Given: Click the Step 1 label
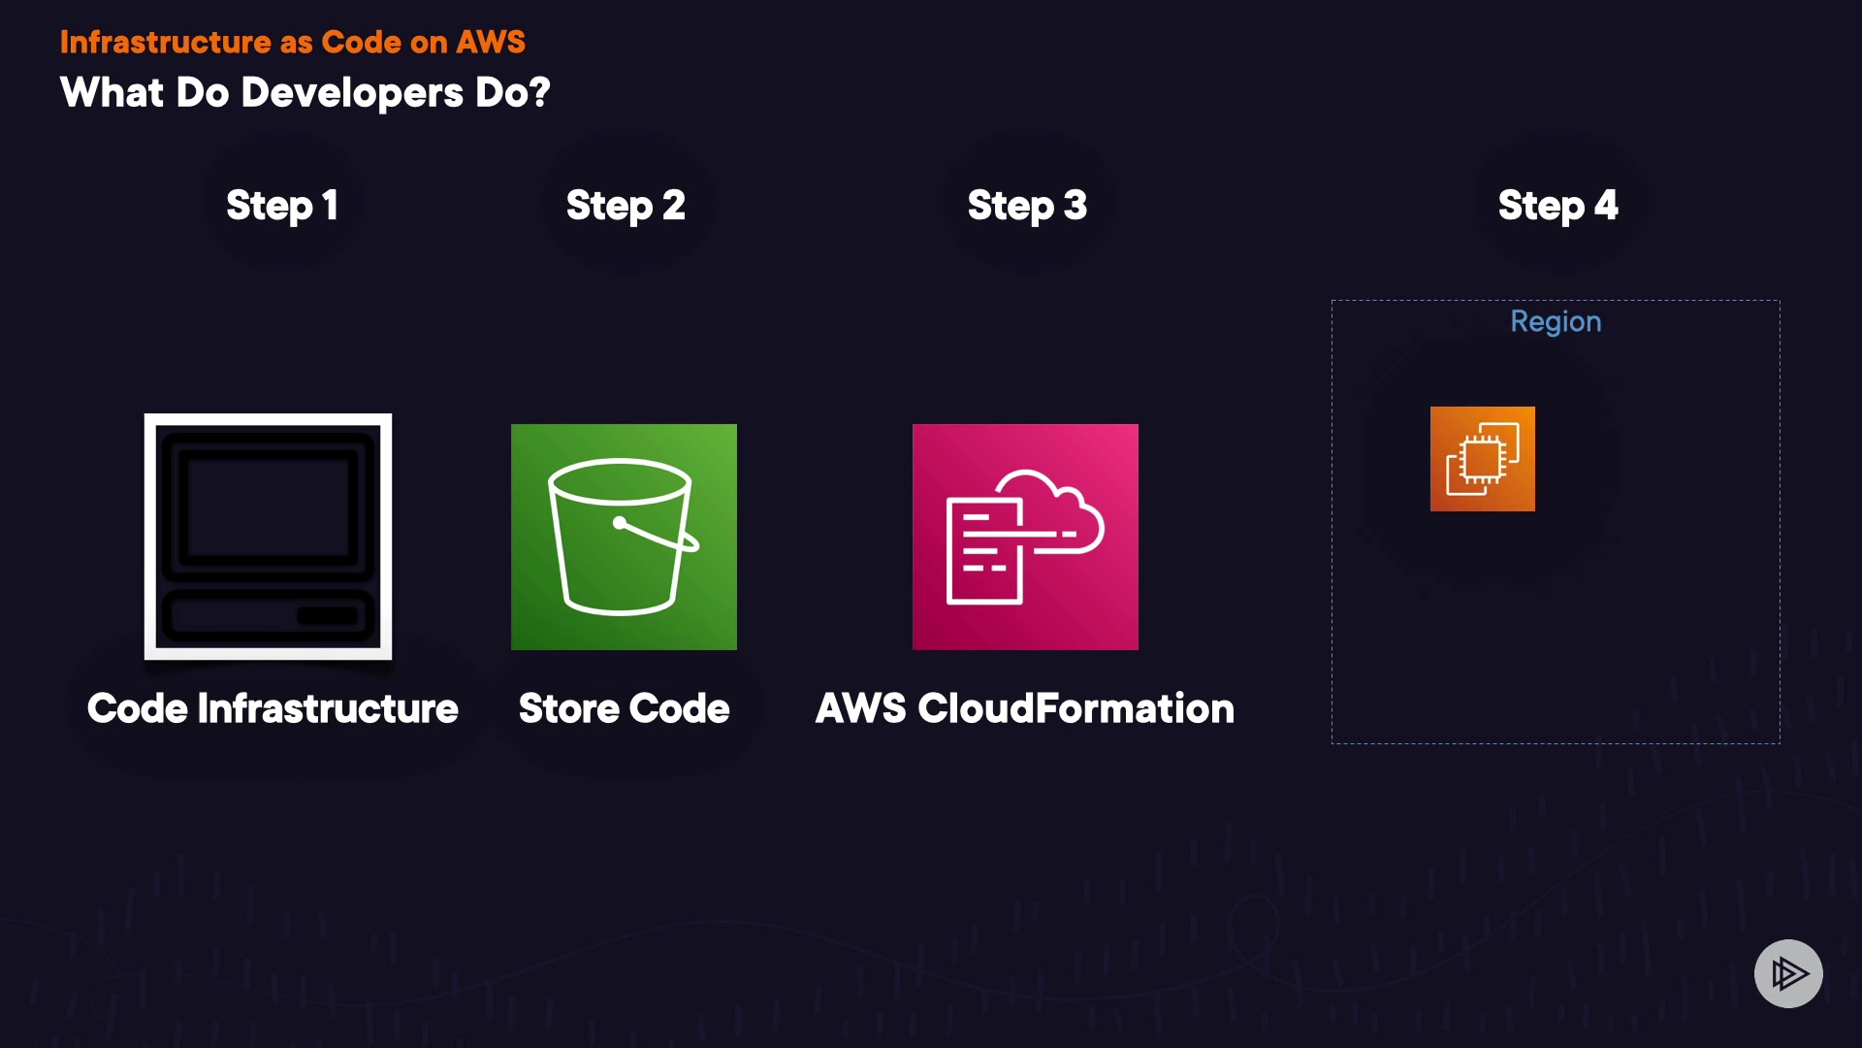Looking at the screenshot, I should (x=282, y=206).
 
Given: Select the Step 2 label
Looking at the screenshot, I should (x=626, y=206).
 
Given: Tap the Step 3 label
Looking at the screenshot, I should (x=1027, y=206).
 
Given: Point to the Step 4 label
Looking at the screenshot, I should (x=1557, y=206).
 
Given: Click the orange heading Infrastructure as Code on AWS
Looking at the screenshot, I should (x=292, y=42).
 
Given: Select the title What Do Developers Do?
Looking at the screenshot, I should (x=305, y=93).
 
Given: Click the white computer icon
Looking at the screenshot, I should (x=268, y=537).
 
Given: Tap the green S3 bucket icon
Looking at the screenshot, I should (x=624, y=537).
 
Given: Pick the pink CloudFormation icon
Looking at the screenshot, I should (x=1025, y=537).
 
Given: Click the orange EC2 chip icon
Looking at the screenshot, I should (x=1482, y=459).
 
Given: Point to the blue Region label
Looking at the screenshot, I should (x=1556, y=321).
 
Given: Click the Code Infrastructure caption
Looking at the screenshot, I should (x=273, y=708).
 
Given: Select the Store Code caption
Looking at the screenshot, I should (x=624, y=708).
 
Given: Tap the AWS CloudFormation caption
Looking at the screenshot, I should (x=1025, y=708).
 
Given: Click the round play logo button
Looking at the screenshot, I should (x=1788, y=973).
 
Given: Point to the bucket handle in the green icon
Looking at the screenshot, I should (x=659, y=535).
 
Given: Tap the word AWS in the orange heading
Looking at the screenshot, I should (x=491, y=42).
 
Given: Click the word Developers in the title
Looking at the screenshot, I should (x=352, y=93).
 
